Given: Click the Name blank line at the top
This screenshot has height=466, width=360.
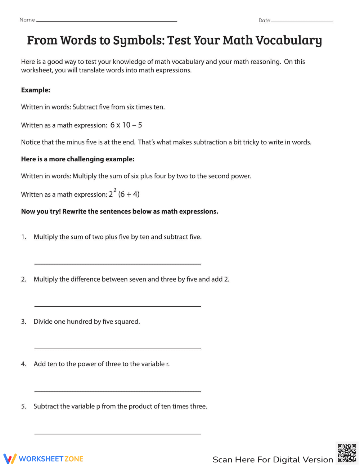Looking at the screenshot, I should point(107,21).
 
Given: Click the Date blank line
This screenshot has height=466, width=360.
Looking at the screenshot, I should point(302,22).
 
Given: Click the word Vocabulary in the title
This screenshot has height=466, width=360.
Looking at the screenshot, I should point(288,40).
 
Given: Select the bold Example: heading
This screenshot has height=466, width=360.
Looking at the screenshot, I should point(35,90).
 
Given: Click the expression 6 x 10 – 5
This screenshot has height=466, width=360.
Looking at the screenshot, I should point(126,125).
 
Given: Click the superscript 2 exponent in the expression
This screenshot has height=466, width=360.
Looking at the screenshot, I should point(115,190).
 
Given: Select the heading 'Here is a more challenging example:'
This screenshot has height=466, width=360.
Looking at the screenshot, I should point(77,159).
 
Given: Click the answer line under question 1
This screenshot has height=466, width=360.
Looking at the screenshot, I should point(117,264).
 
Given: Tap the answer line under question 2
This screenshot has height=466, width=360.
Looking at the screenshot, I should point(117,306).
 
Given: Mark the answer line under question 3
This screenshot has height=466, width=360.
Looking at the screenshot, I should point(117,349).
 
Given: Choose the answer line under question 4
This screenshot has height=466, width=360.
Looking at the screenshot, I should point(117,391).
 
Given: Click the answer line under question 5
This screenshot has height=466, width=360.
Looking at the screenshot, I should point(117,434).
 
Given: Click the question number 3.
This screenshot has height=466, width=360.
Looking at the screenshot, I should point(23,322).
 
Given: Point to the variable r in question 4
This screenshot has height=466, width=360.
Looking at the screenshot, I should point(167,364).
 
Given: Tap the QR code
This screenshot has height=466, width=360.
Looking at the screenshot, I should point(347,453).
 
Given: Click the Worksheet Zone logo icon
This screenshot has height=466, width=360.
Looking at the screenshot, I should point(10,458).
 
